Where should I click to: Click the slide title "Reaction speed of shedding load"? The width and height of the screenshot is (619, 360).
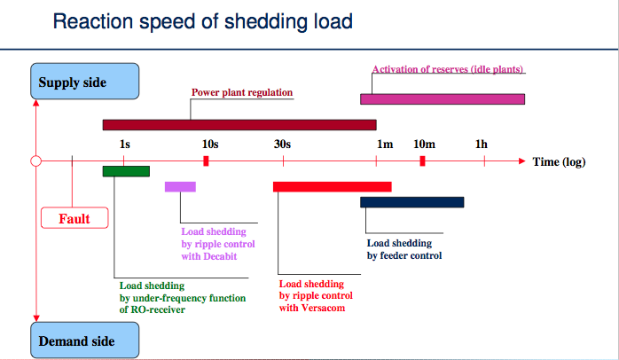click(x=202, y=21)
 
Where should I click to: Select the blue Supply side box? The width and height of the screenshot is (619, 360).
click(x=85, y=82)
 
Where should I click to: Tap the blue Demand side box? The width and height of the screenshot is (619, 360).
click(x=85, y=340)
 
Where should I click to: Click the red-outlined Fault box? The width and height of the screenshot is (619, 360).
click(x=74, y=218)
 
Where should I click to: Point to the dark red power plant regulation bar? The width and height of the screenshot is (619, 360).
click(x=239, y=125)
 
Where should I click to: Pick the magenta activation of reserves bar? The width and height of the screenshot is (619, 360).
click(x=443, y=99)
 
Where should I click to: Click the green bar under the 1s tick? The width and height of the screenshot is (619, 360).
click(x=126, y=171)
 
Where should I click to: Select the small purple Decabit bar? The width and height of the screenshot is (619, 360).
click(x=180, y=187)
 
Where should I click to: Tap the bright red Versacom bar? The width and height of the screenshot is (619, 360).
click(x=333, y=187)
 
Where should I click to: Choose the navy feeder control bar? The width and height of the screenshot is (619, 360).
click(x=412, y=202)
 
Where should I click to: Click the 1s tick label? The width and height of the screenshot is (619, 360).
click(x=125, y=145)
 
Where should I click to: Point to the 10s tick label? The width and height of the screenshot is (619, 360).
click(x=210, y=145)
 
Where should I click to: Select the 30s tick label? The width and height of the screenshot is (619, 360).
click(x=282, y=145)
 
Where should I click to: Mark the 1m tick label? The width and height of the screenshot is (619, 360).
click(x=385, y=145)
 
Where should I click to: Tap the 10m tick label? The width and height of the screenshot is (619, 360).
click(x=425, y=145)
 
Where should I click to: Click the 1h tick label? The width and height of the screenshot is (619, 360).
click(x=482, y=145)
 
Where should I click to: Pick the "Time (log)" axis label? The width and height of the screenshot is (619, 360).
click(x=559, y=162)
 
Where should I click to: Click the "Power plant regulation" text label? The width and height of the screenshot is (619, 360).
click(x=242, y=92)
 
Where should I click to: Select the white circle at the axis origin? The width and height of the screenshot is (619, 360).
click(x=36, y=161)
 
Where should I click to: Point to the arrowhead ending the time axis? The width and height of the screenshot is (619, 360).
click(x=521, y=161)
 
